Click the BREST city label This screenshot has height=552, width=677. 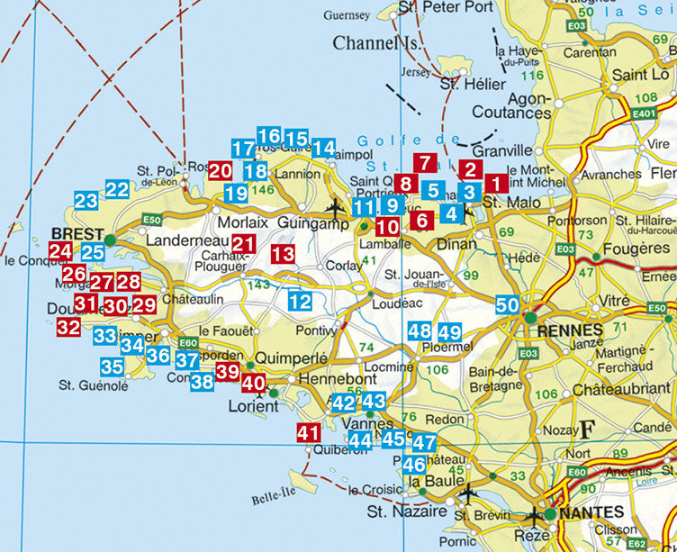coord(77,230)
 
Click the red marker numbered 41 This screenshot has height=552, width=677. coord(309,433)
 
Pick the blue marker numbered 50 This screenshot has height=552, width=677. coord(508,305)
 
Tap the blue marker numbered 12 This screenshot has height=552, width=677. coord(300,302)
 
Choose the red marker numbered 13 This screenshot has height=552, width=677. coord(283,254)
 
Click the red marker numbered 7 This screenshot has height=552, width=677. coord(426,164)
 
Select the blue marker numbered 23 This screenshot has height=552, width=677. coord(86,200)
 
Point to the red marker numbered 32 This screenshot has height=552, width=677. coord(68,327)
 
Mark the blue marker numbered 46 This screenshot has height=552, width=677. coord(414,465)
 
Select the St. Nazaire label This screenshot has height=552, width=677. coord(406,511)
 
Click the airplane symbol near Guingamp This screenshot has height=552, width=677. coord(336,207)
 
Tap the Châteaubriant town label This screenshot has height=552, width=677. coord(629,392)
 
